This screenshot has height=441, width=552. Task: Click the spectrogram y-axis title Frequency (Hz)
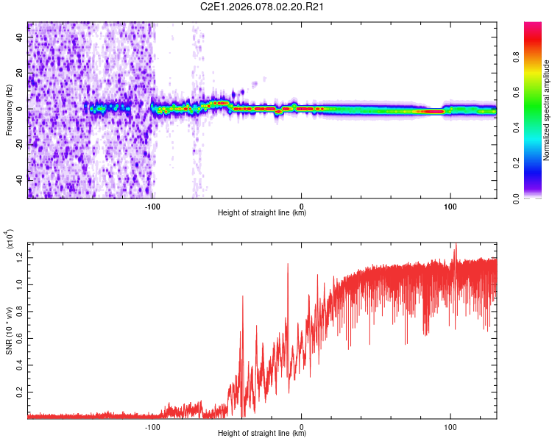(9, 109)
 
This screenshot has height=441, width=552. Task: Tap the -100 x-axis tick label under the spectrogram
(152, 204)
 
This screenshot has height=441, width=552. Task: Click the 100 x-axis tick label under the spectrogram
(450, 204)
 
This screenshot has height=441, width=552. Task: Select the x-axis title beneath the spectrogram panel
(262, 213)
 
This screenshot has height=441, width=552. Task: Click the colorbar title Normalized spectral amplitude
(547, 110)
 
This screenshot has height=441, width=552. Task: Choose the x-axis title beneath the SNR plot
(262, 434)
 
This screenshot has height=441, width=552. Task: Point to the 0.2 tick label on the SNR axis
(20, 393)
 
